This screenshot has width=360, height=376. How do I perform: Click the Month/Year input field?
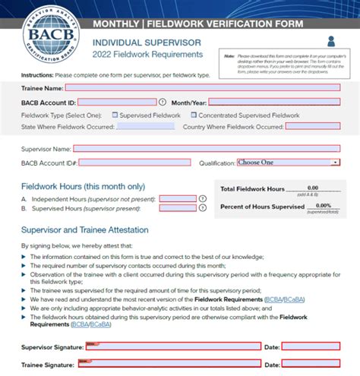click(x=274, y=102)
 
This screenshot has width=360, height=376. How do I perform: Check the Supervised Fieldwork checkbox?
click(x=115, y=115)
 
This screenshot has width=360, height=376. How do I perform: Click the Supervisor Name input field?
click(x=207, y=149)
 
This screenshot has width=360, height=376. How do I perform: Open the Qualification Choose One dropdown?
click(x=288, y=163)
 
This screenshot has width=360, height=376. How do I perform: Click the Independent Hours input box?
click(x=178, y=199)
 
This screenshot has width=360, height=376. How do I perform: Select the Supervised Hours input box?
click(x=178, y=209)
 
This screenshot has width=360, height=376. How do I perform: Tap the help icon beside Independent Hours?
click(x=202, y=199)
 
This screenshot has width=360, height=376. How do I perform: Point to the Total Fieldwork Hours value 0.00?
click(x=313, y=188)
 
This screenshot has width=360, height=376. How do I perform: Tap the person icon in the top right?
click(x=332, y=41)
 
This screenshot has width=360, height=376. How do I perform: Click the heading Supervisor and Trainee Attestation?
click(x=84, y=230)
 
